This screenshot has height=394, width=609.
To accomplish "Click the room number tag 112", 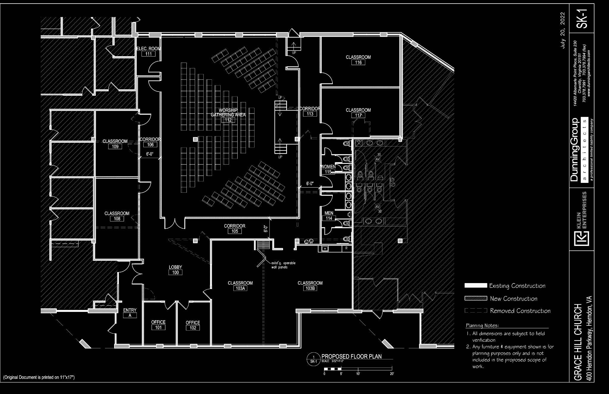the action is (x=228, y=120).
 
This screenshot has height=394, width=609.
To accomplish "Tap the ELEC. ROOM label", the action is (x=148, y=48).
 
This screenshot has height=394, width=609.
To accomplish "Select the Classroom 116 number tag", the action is (x=358, y=63).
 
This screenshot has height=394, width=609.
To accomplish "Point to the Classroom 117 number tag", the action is (x=358, y=115).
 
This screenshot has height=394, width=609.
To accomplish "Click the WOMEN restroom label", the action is (x=328, y=167).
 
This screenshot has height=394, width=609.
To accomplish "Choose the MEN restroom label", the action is (x=329, y=213).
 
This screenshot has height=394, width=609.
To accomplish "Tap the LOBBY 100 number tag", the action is (x=175, y=272).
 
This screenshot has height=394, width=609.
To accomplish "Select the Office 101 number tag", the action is (x=158, y=327).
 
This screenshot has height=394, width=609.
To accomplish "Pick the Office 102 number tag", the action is (x=193, y=328).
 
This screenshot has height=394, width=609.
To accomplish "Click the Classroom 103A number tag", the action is (x=240, y=288).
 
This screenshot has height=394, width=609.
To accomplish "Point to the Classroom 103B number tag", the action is (x=310, y=288).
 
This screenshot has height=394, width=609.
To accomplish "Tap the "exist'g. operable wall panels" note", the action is (x=283, y=265).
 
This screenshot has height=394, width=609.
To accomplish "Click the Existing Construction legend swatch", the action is (x=476, y=285).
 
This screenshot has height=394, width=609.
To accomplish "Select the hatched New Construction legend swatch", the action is (x=476, y=298).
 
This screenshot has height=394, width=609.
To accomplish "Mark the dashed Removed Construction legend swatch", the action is (x=476, y=311).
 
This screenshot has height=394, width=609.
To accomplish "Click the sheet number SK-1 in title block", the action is (x=582, y=18).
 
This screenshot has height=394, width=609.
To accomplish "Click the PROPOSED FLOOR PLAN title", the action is (x=351, y=356).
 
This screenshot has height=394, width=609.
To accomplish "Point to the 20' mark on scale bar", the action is (x=392, y=374).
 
